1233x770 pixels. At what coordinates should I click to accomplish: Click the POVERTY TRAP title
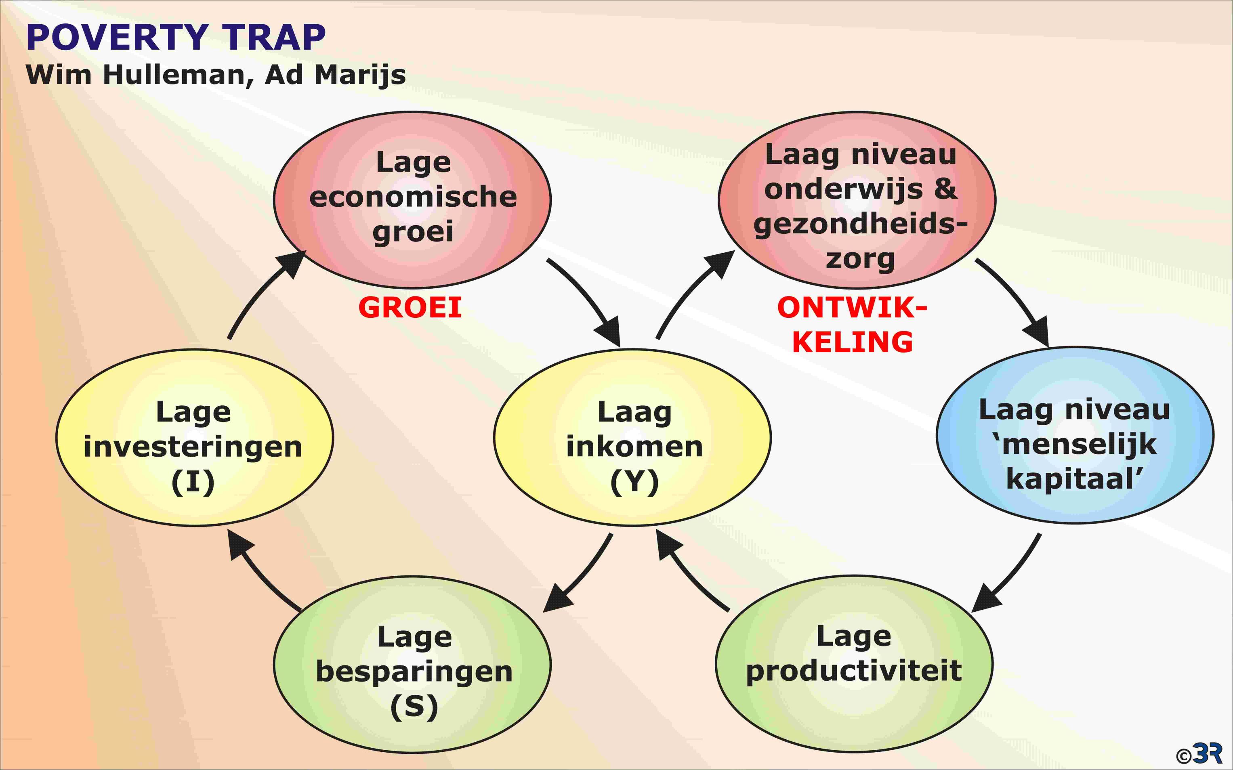[x=176, y=37]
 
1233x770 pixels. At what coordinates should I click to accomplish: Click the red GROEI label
[x=410, y=308]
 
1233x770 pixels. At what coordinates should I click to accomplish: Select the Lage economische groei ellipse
[x=412, y=199]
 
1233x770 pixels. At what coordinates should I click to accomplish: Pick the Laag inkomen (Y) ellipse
[x=632, y=438]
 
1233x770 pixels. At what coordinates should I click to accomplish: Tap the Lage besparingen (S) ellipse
[x=412, y=664]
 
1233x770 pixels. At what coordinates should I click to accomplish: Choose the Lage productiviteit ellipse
[x=854, y=664]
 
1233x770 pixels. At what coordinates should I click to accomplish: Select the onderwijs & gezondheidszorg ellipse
[x=857, y=199]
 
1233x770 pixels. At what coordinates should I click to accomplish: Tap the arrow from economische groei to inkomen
[x=586, y=300]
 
